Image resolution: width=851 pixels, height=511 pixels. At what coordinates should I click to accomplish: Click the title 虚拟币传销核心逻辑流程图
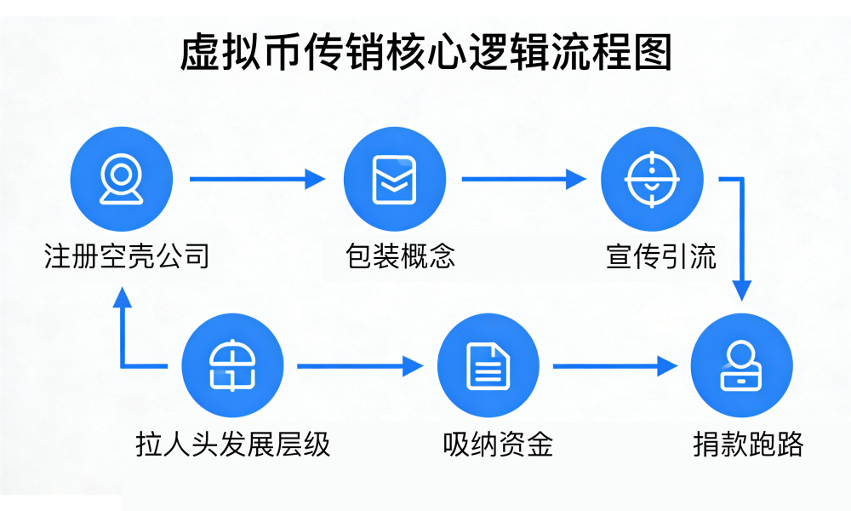pos(425,53)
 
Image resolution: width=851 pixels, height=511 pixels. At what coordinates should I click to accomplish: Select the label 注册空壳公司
pos(126,255)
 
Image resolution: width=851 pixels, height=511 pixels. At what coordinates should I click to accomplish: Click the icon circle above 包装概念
pos(394,180)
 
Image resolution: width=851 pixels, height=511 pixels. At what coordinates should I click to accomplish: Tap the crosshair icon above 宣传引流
pos(651,180)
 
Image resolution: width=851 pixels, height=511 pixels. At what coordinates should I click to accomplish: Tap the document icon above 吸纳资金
pos(488,366)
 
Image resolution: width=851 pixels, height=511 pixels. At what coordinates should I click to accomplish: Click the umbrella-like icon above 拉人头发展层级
pos(232,366)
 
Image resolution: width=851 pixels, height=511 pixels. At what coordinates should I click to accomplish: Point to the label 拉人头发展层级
pos(232,444)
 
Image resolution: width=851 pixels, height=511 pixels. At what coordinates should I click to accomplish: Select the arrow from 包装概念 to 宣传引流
pos(523,179)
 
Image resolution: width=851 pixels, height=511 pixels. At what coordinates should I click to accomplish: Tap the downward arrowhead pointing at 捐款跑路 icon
pos(743,290)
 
